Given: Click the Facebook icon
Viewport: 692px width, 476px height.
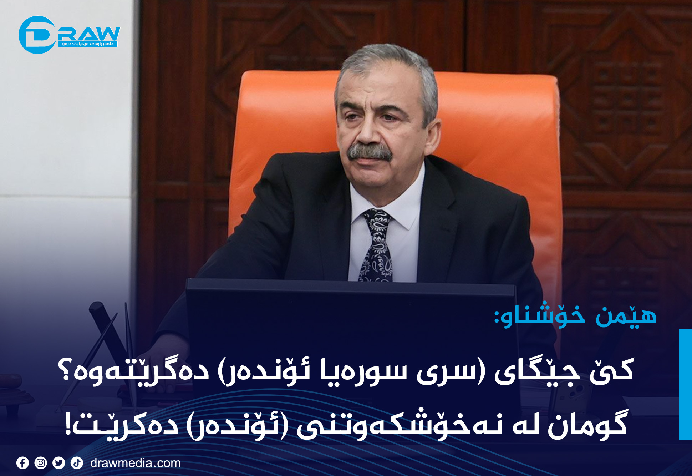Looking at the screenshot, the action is click(x=22, y=463).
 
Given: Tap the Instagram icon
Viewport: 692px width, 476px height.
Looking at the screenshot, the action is click(x=41, y=463).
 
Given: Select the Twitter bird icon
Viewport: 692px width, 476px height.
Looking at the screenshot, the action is click(x=59, y=463).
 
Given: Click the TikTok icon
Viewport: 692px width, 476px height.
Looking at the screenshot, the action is click(x=77, y=463).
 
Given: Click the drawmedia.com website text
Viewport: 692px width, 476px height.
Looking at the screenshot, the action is click(x=136, y=463).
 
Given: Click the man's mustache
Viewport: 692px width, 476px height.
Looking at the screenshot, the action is click(x=370, y=152).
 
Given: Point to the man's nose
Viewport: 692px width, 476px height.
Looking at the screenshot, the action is click(x=367, y=132).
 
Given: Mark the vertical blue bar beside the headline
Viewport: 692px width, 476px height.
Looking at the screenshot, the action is click(x=686, y=384).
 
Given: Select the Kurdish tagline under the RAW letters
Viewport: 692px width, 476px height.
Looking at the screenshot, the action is click(x=87, y=44).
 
